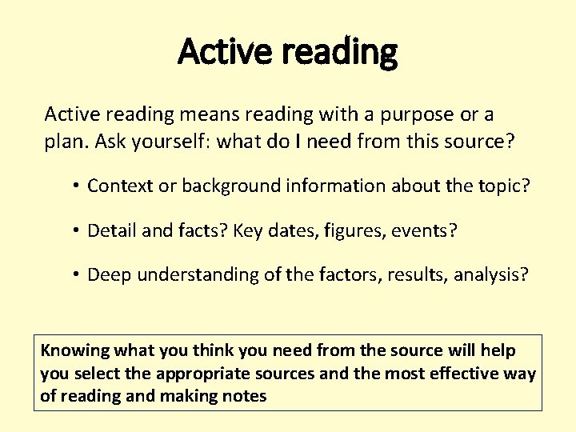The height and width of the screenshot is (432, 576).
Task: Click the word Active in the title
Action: [213, 52]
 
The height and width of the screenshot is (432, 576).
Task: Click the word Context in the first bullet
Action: [118, 186]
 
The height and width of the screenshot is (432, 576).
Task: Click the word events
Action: [427, 231]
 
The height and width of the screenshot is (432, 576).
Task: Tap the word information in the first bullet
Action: [331, 186]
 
